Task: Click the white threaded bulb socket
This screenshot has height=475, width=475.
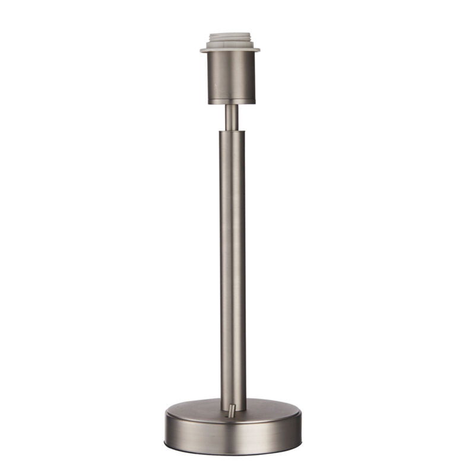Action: pyautogui.click(x=232, y=37)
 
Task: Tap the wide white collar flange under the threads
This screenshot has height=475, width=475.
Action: pyautogui.click(x=232, y=46)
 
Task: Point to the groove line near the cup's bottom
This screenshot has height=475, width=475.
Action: pyautogui.click(x=232, y=99)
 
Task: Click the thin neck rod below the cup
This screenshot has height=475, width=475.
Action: pyautogui.click(x=232, y=118)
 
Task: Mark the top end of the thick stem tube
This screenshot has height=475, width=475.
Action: pyautogui.click(x=232, y=132)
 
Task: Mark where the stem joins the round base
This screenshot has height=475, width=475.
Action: pyautogui.click(x=233, y=399)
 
